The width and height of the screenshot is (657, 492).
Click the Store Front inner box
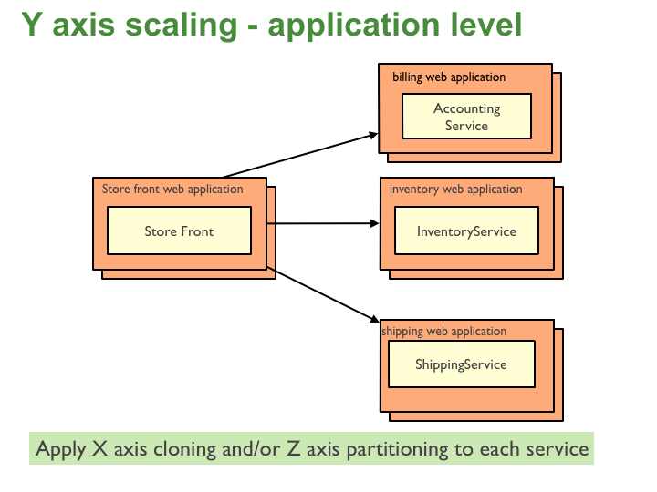[x=179, y=231]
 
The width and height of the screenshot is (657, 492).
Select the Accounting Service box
[x=466, y=117]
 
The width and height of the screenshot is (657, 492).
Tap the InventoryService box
[x=466, y=231]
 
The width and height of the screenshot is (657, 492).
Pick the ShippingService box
[x=461, y=364]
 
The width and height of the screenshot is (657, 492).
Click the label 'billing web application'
[x=449, y=77]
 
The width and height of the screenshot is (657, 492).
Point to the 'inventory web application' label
[x=455, y=190]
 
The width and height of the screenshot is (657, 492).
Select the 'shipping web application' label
[x=443, y=331]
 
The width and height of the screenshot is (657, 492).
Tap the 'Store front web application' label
[x=172, y=190]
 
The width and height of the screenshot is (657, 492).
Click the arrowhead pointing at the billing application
[x=373, y=136]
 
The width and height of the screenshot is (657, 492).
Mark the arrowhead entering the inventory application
[x=374, y=222]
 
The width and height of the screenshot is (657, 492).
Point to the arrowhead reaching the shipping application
[x=374, y=319]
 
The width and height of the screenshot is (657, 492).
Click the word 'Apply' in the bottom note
[x=60, y=449]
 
